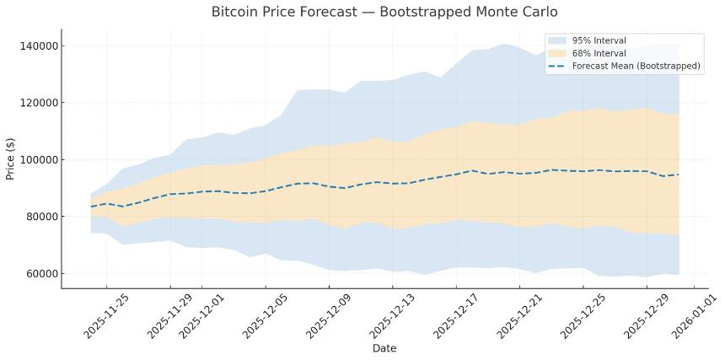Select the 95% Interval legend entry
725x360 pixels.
[x=599, y=40]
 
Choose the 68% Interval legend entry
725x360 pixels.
[x=599, y=53]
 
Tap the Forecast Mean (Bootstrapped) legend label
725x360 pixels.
[x=636, y=66]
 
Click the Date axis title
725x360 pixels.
[x=384, y=348]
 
